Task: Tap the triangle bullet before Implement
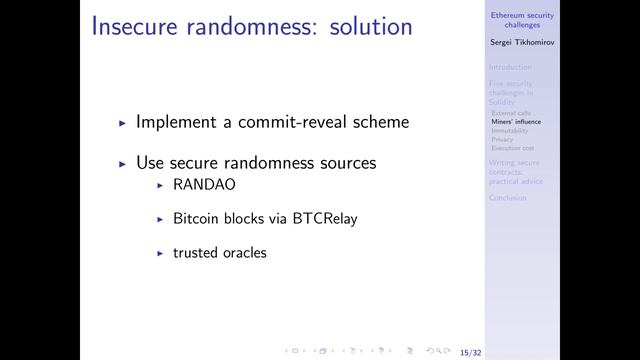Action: [122, 123]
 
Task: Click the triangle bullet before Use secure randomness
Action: [122, 163]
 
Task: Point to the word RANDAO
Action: [204, 186]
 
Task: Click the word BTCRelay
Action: [323, 219]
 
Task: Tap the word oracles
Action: [246, 253]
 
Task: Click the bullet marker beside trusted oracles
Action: [160, 253]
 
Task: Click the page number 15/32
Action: [468, 352]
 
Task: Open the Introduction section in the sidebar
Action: [511, 67]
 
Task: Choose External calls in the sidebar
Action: [511, 113]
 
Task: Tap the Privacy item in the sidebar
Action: [502, 140]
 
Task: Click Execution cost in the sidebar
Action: [513, 148]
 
